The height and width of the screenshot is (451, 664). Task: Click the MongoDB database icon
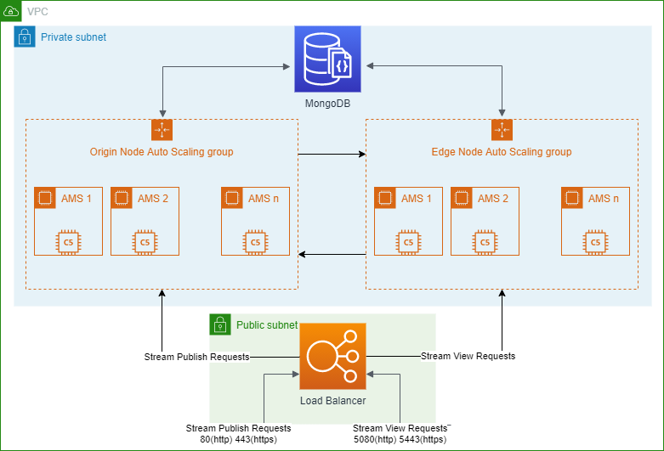[328, 59]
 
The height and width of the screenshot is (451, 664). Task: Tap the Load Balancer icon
[332, 356]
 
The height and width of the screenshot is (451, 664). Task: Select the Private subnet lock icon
[25, 37]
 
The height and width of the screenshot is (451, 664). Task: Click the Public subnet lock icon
[220, 324]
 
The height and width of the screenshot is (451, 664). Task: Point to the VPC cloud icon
[10, 10]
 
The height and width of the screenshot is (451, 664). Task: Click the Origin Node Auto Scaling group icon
[162, 130]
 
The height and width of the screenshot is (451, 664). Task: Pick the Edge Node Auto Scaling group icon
[502, 130]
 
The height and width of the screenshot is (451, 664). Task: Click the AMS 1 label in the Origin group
[77, 199]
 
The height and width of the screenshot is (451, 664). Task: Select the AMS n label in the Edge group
[604, 199]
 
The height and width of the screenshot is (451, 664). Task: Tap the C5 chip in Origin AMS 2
[145, 242]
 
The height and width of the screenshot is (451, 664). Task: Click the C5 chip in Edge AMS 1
[408, 242]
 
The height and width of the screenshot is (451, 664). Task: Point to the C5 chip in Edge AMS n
[595, 242]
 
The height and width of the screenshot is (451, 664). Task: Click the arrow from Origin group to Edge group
[332, 154]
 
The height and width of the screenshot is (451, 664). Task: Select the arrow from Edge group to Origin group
[332, 254]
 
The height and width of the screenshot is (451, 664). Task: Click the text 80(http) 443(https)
[238, 440]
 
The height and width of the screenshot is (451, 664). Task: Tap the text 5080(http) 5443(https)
[400, 440]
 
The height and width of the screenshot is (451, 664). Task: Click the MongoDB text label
[328, 104]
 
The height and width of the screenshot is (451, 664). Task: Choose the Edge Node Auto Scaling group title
[502, 152]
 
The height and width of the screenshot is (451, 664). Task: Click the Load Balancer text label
[332, 401]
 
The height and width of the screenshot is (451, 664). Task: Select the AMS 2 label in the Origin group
[153, 199]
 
